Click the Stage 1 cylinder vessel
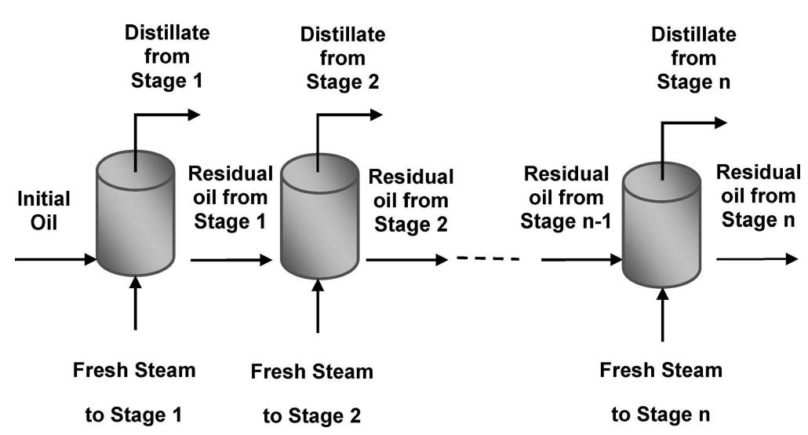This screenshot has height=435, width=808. click(135, 216)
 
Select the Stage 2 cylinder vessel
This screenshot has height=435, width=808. click(317, 216)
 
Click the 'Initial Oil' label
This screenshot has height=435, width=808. click(44, 210)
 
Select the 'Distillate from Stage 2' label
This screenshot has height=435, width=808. click(343, 58)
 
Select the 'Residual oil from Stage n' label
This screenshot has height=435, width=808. click(759, 196)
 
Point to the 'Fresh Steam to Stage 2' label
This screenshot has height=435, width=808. click(312, 393)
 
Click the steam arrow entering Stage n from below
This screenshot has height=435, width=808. click(664, 314)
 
